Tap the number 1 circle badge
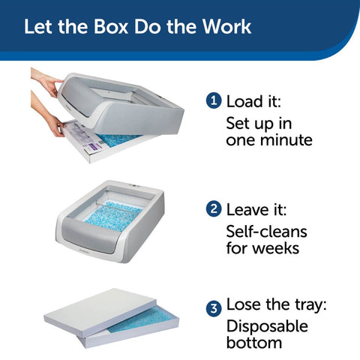tap(213, 102)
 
